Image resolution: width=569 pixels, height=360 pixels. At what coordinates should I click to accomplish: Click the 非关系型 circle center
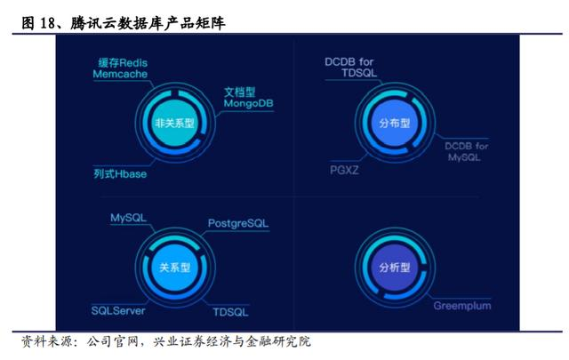tap(173, 124)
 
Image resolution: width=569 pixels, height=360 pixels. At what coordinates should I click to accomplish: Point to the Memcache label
tap(121, 76)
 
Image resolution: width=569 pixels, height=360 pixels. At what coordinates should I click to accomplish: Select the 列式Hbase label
tap(120, 174)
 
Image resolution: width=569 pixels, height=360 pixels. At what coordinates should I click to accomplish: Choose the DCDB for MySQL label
tap(467, 151)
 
